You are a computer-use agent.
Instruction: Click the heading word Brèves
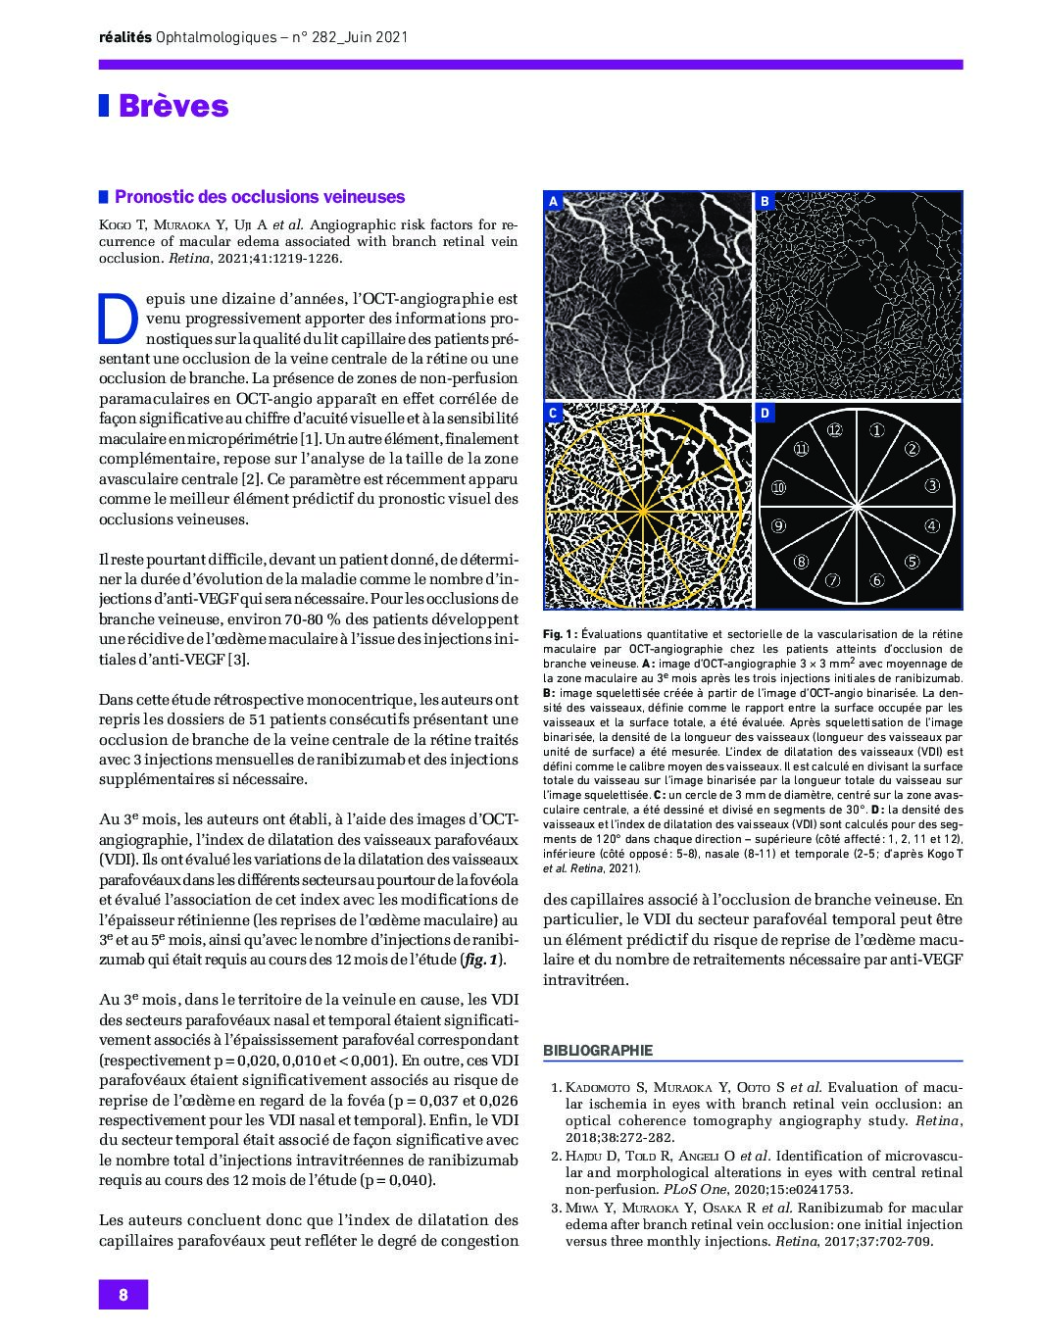click(x=173, y=106)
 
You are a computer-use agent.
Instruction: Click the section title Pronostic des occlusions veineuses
click(x=260, y=197)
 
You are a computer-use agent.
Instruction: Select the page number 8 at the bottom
click(x=123, y=1294)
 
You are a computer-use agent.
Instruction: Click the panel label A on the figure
click(x=553, y=202)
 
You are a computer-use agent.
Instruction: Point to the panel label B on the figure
click(x=765, y=202)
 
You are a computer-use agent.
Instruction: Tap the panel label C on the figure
click(x=553, y=414)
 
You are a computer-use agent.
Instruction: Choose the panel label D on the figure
click(x=765, y=414)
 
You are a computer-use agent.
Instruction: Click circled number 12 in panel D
click(x=834, y=429)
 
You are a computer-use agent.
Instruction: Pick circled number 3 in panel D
click(x=932, y=485)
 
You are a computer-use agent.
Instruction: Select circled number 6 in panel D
click(x=877, y=580)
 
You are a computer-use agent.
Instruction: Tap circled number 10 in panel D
click(x=779, y=487)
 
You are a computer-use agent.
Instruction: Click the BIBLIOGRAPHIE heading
click(x=598, y=1050)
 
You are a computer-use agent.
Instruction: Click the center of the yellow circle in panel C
click(x=642, y=511)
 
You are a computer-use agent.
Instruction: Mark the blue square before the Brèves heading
click(x=104, y=106)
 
